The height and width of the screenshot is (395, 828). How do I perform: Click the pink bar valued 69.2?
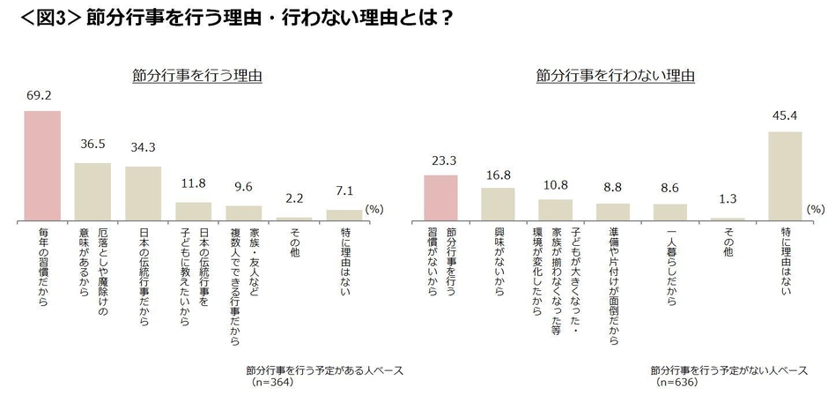coord(41,165)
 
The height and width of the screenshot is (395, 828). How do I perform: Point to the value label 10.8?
coord(555,185)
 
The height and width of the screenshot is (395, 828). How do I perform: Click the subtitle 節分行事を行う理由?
coord(192,77)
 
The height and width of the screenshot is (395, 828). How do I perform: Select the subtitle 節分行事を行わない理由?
coord(615,77)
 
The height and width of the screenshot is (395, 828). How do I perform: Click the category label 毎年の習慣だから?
coord(41,267)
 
